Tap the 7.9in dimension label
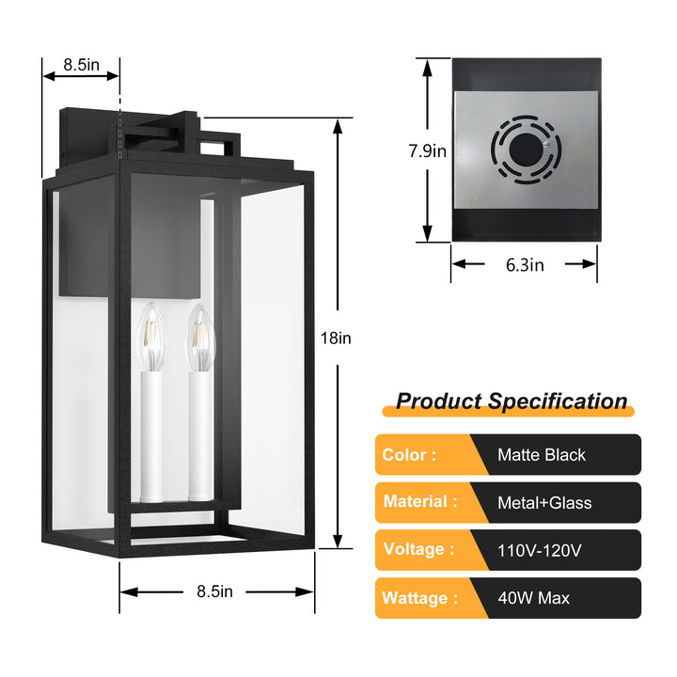tap(427, 150)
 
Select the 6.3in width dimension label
tap(524, 265)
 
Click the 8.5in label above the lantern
tap(82, 65)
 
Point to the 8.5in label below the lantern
tap(215, 591)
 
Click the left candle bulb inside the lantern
tap(150, 338)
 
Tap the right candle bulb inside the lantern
tap(200, 336)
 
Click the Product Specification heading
tap(511, 401)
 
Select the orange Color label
tap(410, 455)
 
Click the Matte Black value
tap(542, 455)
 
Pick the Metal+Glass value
tap(544, 503)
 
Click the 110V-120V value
tap(540, 550)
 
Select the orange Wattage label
tap(420, 597)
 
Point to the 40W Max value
tap(533, 598)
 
